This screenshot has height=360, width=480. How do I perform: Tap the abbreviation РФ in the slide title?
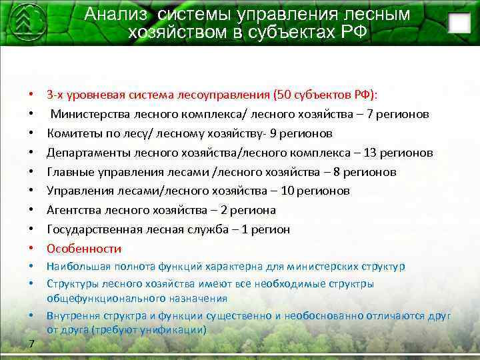click(x=352, y=32)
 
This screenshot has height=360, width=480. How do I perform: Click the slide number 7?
click(x=31, y=343)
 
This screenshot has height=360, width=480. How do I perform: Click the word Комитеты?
click(x=73, y=133)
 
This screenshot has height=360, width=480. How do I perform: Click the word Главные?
click(x=69, y=172)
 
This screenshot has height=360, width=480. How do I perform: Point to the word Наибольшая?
click(x=74, y=267)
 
